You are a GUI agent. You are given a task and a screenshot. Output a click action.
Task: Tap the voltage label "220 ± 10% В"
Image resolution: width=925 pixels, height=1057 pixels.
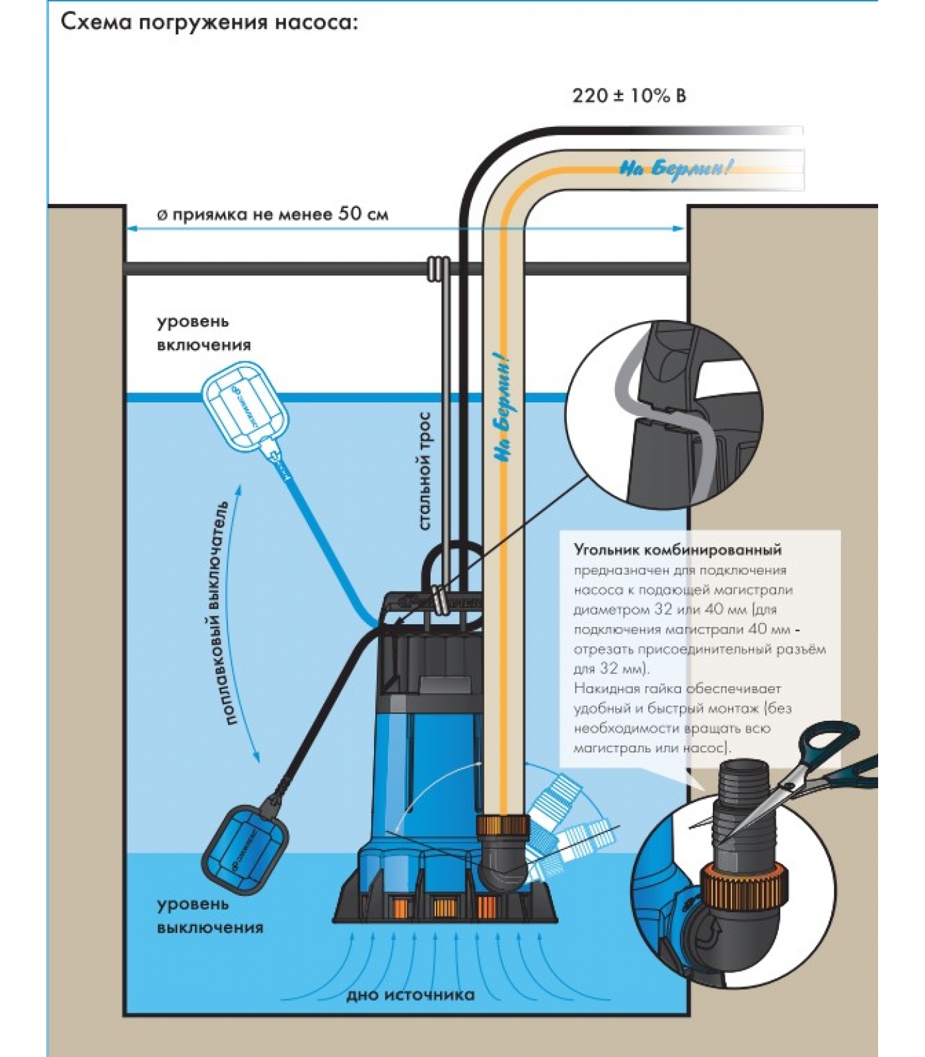[x=628, y=96]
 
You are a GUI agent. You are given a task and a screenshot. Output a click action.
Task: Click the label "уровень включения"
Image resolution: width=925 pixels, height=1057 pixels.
[x=202, y=333]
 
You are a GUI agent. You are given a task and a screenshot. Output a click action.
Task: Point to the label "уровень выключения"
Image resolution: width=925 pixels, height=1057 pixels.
[x=209, y=916]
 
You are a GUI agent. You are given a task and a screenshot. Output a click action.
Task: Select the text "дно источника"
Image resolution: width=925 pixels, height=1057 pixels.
[x=410, y=995]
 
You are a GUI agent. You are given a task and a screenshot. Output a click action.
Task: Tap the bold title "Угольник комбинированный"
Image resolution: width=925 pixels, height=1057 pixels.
[x=677, y=550]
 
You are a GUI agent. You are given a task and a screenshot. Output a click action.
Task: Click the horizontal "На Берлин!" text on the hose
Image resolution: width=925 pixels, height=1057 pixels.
[x=675, y=168]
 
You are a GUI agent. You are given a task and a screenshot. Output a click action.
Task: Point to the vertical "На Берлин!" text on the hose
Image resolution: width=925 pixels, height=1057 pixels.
[x=503, y=409]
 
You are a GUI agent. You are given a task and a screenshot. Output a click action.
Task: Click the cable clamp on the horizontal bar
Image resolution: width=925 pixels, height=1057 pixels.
[x=438, y=269]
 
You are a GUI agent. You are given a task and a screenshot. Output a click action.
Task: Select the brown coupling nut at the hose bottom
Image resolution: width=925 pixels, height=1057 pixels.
[x=502, y=826]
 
